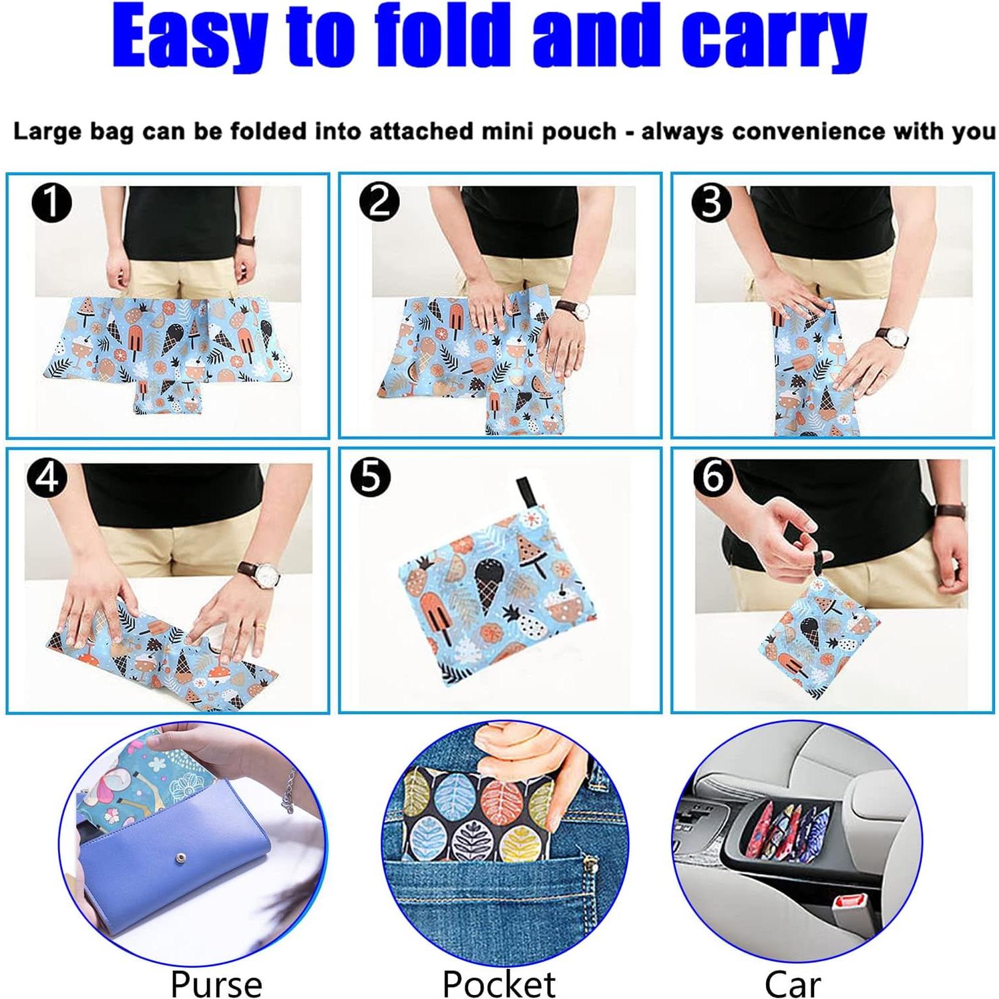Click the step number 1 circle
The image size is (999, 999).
point(51,202)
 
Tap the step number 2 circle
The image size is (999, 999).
point(379,202)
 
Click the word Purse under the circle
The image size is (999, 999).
point(216,983)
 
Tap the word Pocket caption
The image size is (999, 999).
point(498,983)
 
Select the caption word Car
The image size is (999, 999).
point(792,983)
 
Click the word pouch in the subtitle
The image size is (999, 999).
point(578,131)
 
